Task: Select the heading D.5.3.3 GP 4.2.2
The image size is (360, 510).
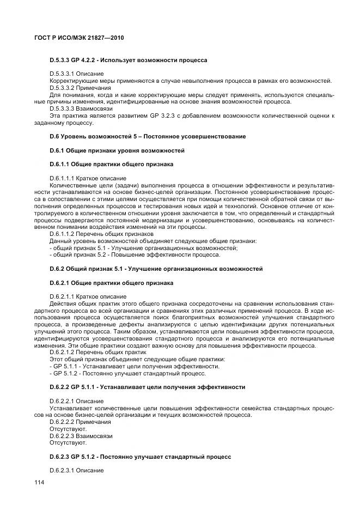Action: tap(128, 60)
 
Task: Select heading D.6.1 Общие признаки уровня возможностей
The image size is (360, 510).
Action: tap(117, 150)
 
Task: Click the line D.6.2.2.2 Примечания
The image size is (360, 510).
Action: tap(80, 422)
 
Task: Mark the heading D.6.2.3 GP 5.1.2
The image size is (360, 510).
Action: tap(140, 456)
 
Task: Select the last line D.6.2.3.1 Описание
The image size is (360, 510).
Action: tap(76, 470)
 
